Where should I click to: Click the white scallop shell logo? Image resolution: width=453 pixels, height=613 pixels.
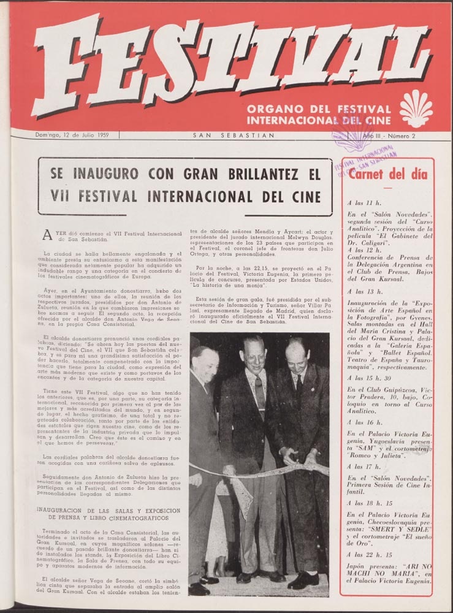pos(416,108)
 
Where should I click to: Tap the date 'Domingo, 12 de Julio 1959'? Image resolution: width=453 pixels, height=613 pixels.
pos(72,135)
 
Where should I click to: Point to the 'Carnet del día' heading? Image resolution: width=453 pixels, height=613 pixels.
pos(387,173)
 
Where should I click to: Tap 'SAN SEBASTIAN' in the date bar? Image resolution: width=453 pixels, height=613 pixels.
pos(234,135)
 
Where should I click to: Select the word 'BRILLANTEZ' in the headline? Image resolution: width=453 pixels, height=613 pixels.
pos(254,175)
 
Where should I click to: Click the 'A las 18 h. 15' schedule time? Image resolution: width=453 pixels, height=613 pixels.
pos(371,501)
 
